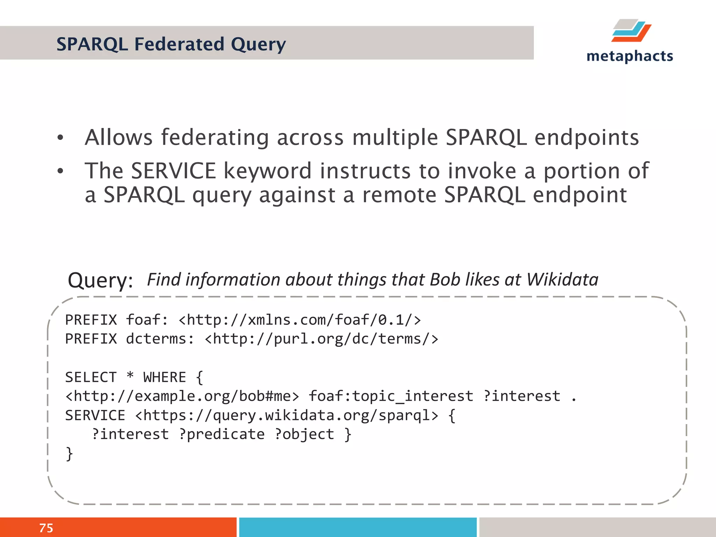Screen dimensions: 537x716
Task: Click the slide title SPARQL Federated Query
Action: point(171,44)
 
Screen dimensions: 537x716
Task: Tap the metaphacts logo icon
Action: point(631,31)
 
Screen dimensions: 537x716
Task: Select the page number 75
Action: point(46,528)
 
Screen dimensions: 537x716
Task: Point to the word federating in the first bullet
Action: point(215,137)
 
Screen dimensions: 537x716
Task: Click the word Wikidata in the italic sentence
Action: point(562,280)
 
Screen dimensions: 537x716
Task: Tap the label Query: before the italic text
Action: point(100,280)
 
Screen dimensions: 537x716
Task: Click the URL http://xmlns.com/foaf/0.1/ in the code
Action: point(300,320)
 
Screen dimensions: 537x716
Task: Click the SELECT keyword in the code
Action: point(91,377)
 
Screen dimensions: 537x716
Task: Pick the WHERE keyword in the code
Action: point(164,377)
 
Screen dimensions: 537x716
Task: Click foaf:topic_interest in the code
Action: point(391,396)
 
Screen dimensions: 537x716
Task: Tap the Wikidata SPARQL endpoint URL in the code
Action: point(286,415)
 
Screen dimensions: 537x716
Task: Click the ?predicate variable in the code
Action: point(222,434)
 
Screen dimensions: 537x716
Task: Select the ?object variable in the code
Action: point(304,434)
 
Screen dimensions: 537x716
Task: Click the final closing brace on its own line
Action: point(70,454)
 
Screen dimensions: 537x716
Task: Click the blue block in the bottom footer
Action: point(358,527)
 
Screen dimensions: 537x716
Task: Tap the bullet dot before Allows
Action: point(60,138)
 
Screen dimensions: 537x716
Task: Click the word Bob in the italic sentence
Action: point(444,280)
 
